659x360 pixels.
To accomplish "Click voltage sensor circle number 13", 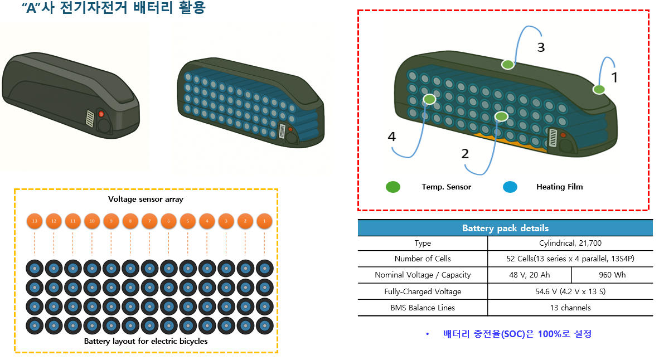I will [35, 221].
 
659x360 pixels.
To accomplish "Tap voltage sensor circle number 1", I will [264, 221].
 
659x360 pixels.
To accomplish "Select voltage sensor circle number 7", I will [149, 221].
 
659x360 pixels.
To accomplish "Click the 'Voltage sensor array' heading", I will [146, 199].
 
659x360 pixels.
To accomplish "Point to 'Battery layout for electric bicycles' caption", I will [146, 341].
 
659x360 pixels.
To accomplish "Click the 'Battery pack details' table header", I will [505, 228].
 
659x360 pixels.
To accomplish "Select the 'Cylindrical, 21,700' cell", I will [570, 243].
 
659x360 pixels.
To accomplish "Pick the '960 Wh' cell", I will [612, 275].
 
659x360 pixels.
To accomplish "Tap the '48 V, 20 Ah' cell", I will [529, 275].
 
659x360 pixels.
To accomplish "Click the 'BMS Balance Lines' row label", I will [423, 308].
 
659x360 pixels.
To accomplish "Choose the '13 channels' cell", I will [570, 308].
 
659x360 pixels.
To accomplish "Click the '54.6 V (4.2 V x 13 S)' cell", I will [570, 291].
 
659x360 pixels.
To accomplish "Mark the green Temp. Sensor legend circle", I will [393, 187].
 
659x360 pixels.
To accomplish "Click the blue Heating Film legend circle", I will [510, 187].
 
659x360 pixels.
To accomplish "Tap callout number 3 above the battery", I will [541, 47].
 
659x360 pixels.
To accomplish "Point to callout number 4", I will [393, 136].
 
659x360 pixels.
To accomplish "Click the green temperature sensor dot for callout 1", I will [599, 89].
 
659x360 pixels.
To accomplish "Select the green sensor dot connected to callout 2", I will [501, 116].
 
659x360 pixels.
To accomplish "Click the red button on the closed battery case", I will [101, 114].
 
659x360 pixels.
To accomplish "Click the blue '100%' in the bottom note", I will [550, 334].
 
